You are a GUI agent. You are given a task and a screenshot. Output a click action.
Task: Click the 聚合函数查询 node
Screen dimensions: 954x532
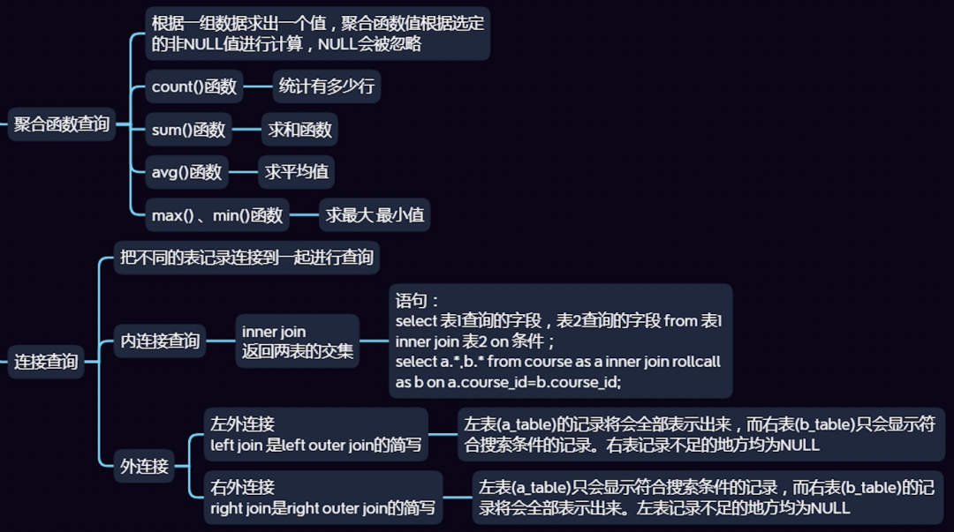click(62, 124)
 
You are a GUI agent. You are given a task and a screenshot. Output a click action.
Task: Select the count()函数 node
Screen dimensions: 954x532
click(194, 86)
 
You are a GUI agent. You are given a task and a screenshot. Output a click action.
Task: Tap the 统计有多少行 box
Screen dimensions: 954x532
click(327, 86)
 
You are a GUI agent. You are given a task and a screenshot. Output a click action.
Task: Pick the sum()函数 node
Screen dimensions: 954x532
click(189, 130)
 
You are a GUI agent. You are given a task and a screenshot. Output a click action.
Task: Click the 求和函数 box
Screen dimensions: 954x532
click(300, 130)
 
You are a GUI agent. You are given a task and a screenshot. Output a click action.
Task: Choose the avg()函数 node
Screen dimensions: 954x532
click(186, 172)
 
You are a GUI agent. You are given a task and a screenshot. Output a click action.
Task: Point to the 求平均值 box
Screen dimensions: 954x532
click(297, 172)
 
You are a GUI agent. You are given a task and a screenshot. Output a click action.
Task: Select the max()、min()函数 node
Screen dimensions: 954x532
click(217, 214)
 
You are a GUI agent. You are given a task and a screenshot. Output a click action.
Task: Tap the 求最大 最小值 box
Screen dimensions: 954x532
click(375, 214)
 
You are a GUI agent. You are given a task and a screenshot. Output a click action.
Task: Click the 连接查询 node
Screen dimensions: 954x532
click(46, 362)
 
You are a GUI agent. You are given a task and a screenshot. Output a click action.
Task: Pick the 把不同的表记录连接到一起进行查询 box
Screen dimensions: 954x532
click(247, 259)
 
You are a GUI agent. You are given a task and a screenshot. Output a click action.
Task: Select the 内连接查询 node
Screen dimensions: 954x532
click(160, 341)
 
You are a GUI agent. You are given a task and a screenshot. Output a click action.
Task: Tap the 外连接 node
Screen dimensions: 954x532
click(144, 466)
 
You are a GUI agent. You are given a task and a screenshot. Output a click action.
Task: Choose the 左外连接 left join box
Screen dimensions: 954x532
click(315, 435)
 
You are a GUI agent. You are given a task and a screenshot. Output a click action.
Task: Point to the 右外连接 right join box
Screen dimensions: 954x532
click(322, 498)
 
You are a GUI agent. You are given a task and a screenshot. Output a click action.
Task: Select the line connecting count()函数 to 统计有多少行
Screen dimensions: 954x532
click(258, 86)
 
